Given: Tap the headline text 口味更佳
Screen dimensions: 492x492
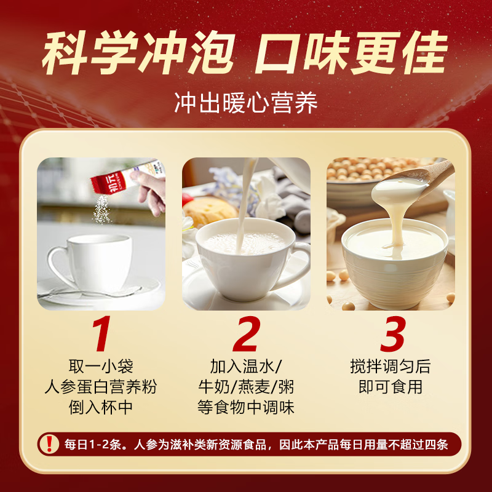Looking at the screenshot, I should pyautogui.click(x=349, y=55).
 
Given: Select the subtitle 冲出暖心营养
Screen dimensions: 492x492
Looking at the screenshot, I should pyautogui.click(x=246, y=103).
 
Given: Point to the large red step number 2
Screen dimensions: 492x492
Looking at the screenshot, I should pyautogui.click(x=246, y=336).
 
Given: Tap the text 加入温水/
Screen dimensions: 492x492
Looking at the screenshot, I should pyautogui.click(x=246, y=367).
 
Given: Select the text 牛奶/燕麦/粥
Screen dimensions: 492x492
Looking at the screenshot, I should pyautogui.click(x=246, y=387).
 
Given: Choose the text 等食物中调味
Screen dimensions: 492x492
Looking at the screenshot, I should pyautogui.click(x=246, y=407).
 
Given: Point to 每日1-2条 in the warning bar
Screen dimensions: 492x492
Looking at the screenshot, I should pyautogui.click(x=89, y=443).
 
